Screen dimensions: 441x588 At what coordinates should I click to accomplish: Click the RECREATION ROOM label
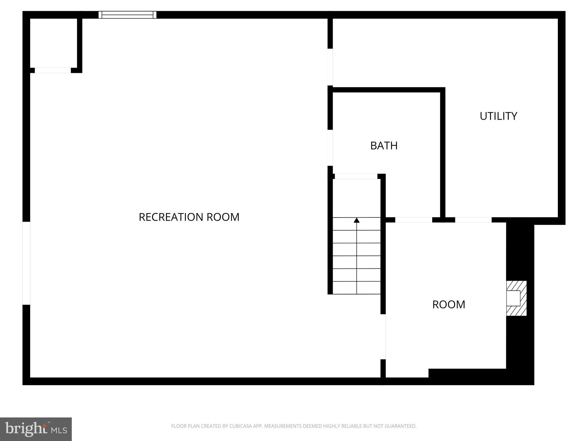(189, 217)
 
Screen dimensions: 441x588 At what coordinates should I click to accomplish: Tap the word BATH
(384, 146)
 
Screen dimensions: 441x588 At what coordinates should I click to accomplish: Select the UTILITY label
(498, 116)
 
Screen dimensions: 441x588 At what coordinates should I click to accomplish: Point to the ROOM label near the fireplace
(449, 305)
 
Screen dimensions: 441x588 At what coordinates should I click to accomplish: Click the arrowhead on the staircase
(357, 220)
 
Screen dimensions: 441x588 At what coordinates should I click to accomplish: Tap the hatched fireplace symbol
(516, 298)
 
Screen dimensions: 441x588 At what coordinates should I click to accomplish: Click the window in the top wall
(127, 15)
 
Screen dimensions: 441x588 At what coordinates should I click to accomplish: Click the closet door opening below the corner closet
(53, 70)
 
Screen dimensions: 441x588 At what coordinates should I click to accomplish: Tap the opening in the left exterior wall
(26, 263)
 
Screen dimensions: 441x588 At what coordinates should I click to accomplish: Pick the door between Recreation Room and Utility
(330, 67)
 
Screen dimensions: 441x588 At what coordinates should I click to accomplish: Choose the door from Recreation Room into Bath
(330, 148)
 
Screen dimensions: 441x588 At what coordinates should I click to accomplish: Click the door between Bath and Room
(413, 220)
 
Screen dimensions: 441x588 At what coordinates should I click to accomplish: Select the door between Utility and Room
(473, 220)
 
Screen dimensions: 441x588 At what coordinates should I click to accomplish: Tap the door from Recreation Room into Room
(383, 336)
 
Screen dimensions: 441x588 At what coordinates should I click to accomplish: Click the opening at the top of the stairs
(356, 176)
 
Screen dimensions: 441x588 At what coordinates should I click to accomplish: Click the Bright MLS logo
(36, 429)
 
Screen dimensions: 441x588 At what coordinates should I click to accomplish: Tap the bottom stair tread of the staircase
(357, 288)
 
